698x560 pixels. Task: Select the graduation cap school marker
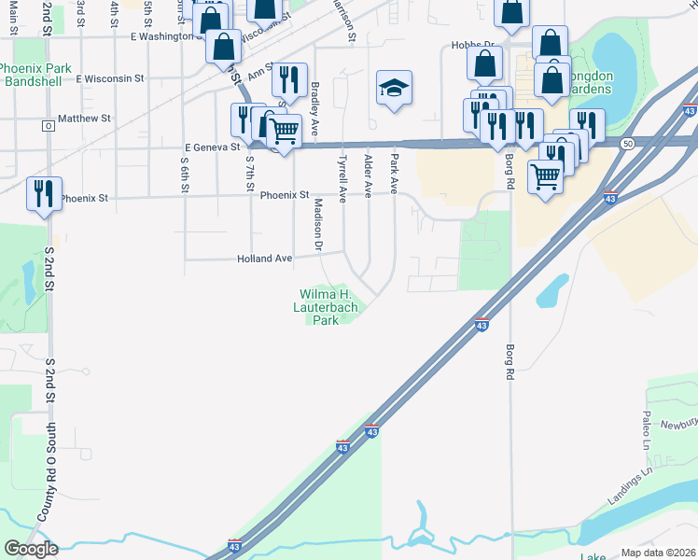tap(394, 90)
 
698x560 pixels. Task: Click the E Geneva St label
tap(213, 147)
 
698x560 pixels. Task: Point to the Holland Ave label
tap(265, 258)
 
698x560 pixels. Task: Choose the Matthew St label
tap(84, 119)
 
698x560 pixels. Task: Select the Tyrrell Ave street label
tap(342, 179)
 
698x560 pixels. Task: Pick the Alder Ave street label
tap(369, 175)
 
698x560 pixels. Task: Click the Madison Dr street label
tap(317, 225)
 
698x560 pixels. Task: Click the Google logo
tap(30, 549)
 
